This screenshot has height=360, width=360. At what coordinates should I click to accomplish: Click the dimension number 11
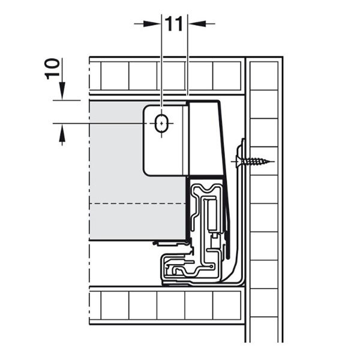pyautogui.click(x=174, y=23)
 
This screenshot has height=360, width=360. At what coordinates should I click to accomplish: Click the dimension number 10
pyautogui.click(x=52, y=69)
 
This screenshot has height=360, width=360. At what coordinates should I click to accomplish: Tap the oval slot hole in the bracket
pyautogui.click(x=162, y=124)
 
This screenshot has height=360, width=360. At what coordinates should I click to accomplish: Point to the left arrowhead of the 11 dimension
pyautogui.click(x=152, y=23)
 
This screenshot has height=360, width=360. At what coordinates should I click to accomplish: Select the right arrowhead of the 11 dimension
pyautogui.click(x=197, y=23)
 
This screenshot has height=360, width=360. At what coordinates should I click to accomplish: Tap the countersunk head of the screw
pyautogui.click(x=238, y=161)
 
